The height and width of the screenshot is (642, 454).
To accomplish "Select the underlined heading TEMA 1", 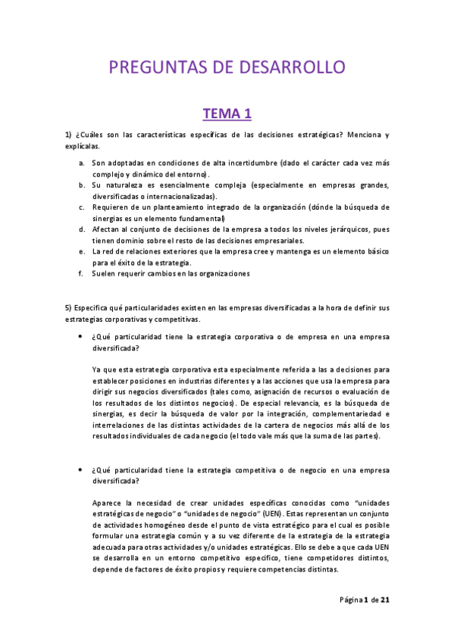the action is point(227,114).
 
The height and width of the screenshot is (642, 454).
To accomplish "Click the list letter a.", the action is point(82,164).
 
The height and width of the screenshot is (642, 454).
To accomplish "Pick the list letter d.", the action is point(82,229).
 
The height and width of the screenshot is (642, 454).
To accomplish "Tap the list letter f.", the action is point(81,273).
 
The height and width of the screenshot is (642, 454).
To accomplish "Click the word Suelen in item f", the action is point(105,273).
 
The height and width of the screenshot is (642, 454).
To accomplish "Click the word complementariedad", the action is point(343,414).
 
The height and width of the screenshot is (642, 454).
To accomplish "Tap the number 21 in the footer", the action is point(385,601).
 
